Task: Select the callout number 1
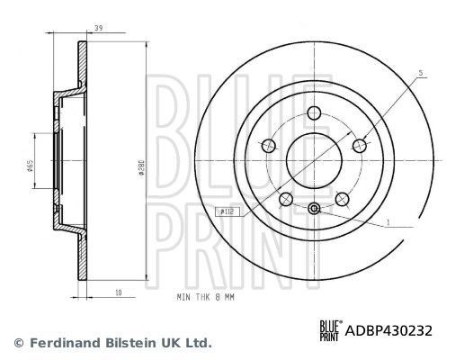(x=388, y=221)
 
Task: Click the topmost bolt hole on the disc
(x=314, y=113)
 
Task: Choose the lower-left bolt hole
(x=286, y=199)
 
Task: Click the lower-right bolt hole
(x=342, y=199)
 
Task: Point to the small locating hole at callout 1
(x=314, y=209)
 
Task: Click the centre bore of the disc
(x=314, y=160)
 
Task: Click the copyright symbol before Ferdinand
(x=18, y=343)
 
